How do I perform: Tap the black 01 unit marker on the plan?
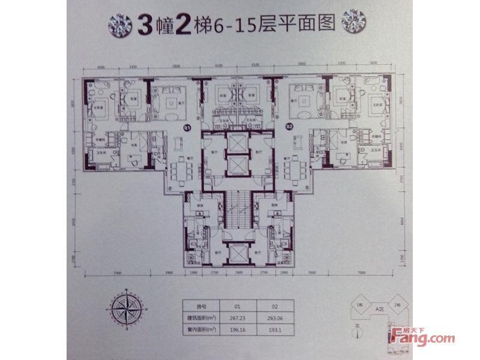(x=187, y=128)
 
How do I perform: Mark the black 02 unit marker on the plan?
(x=289, y=127)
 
